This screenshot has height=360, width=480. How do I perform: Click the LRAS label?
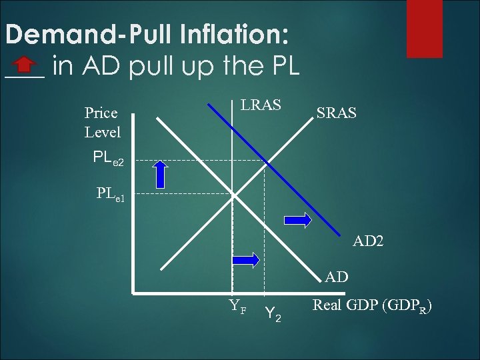pos(261,105)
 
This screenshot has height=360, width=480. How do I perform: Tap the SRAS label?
pos(336,114)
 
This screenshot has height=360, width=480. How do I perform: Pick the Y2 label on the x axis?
pos(273,312)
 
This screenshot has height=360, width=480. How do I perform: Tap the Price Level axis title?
pos(102,123)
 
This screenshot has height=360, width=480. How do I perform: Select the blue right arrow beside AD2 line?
pos(297,219)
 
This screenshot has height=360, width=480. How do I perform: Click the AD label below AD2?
pos(337,275)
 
